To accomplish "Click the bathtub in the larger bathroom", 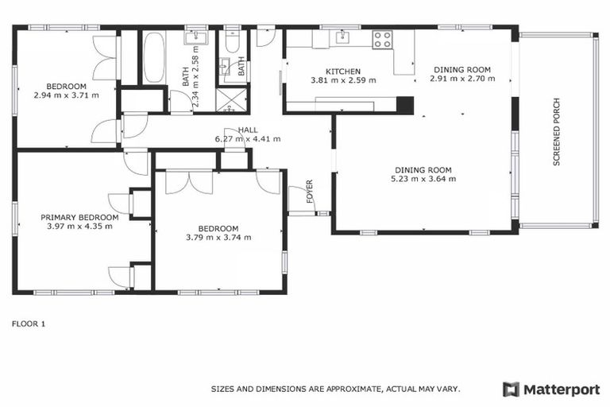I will click(153, 56).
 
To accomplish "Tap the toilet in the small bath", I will click(233, 42).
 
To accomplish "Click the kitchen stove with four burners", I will click(383, 38).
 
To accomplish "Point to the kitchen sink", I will click(342, 37).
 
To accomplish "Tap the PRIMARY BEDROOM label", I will click(79, 217).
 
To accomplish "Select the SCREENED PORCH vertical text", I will click(557, 131).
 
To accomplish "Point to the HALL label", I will click(247, 130).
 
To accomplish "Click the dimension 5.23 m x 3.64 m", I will click(423, 179).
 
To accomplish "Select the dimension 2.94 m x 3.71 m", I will click(66, 95).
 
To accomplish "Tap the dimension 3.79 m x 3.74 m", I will click(218, 237).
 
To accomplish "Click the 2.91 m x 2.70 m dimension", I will click(462, 79).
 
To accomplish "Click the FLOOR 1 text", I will click(29, 324).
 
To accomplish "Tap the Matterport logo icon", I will click(511, 389).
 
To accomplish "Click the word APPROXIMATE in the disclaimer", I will click(348, 390).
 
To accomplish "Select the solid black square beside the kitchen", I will click(405, 105).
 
